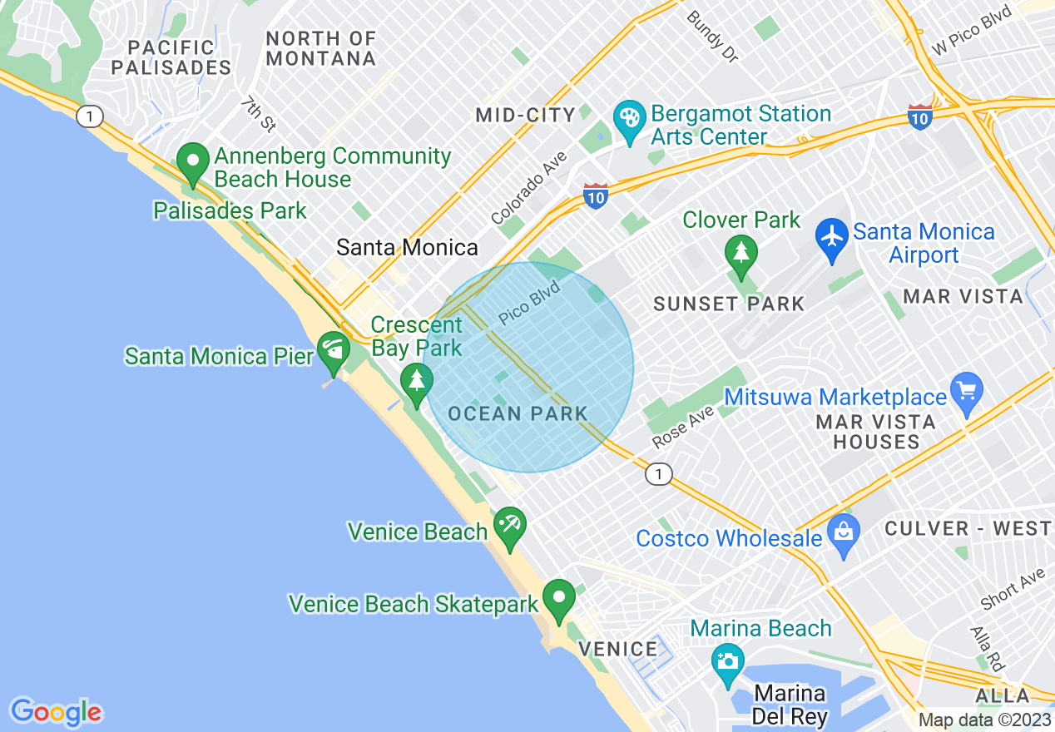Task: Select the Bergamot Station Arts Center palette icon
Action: pyautogui.click(x=629, y=119)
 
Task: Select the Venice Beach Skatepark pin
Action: pyautogui.click(x=559, y=597)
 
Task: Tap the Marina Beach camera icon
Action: pyautogui.click(x=728, y=661)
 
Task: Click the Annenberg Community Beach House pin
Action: pyautogui.click(x=194, y=161)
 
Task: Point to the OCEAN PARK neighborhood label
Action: pyautogui.click(x=518, y=413)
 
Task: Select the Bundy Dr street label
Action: pyautogui.click(x=712, y=36)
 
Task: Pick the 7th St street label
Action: pyautogui.click(x=259, y=113)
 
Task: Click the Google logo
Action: pyautogui.click(x=56, y=712)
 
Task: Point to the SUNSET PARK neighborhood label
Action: pyautogui.click(x=729, y=304)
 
